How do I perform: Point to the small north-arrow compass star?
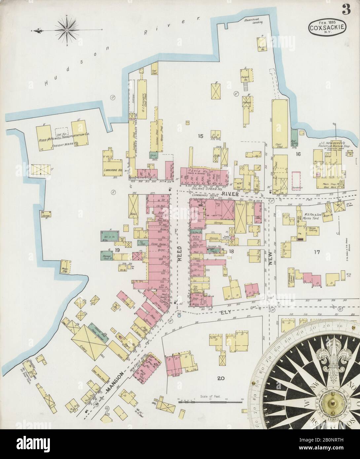67,31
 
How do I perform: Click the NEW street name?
271,256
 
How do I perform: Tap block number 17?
317,253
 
